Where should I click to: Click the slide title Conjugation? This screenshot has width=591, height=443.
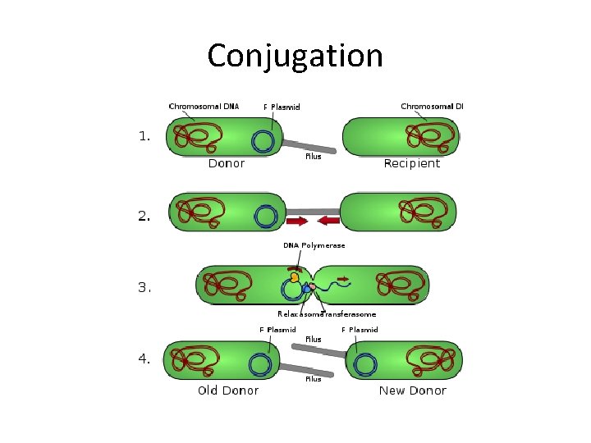pyautogui.click(x=295, y=56)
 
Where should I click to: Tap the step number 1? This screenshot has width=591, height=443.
pyautogui.click(x=144, y=137)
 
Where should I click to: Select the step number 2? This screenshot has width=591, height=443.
pyautogui.click(x=144, y=217)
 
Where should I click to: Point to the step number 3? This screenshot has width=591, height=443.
pyautogui.click(x=144, y=287)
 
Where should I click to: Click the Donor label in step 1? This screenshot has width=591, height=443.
pyautogui.click(x=227, y=163)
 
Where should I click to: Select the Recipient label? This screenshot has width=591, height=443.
pyautogui.click(x=412, y=163)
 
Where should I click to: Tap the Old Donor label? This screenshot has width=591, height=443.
pyautogui.click(x=228, y=390)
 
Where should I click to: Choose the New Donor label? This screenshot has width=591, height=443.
pyautogui.click(x=412, y=390)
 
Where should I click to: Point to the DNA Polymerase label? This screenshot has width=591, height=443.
pyautogui.click(x=314, y=245)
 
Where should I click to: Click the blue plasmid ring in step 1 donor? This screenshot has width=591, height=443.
pyautogui.click(x=263, y=141)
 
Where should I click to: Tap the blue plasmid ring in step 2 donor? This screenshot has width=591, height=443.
pyautogui.click(x=265, y=216)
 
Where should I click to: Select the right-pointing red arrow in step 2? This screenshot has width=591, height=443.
pyautogui.click(x=297, y=221)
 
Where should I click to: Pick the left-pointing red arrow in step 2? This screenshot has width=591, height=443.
pyautogui.click(x=328, y=221)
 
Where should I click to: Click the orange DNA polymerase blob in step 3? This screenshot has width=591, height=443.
pyautogui.click(x=294, y=277)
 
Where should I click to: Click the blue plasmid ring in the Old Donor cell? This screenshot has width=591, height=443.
pyautogui.click(x=260, y=364)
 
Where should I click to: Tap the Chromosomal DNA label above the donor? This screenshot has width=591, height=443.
pyautogui.click(x=204, y=106)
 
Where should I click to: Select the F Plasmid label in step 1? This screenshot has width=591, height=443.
pyautogui.click(x=282, y=107)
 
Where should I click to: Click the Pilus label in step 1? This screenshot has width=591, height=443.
pyautogui.click(x=313, y=156)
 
